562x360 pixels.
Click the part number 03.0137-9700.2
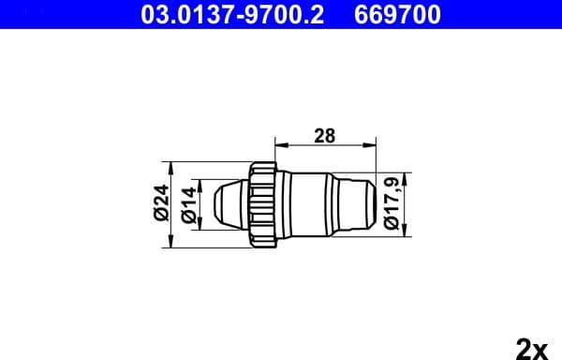233,15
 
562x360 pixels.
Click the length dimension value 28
324,136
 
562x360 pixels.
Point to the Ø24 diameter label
160,203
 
